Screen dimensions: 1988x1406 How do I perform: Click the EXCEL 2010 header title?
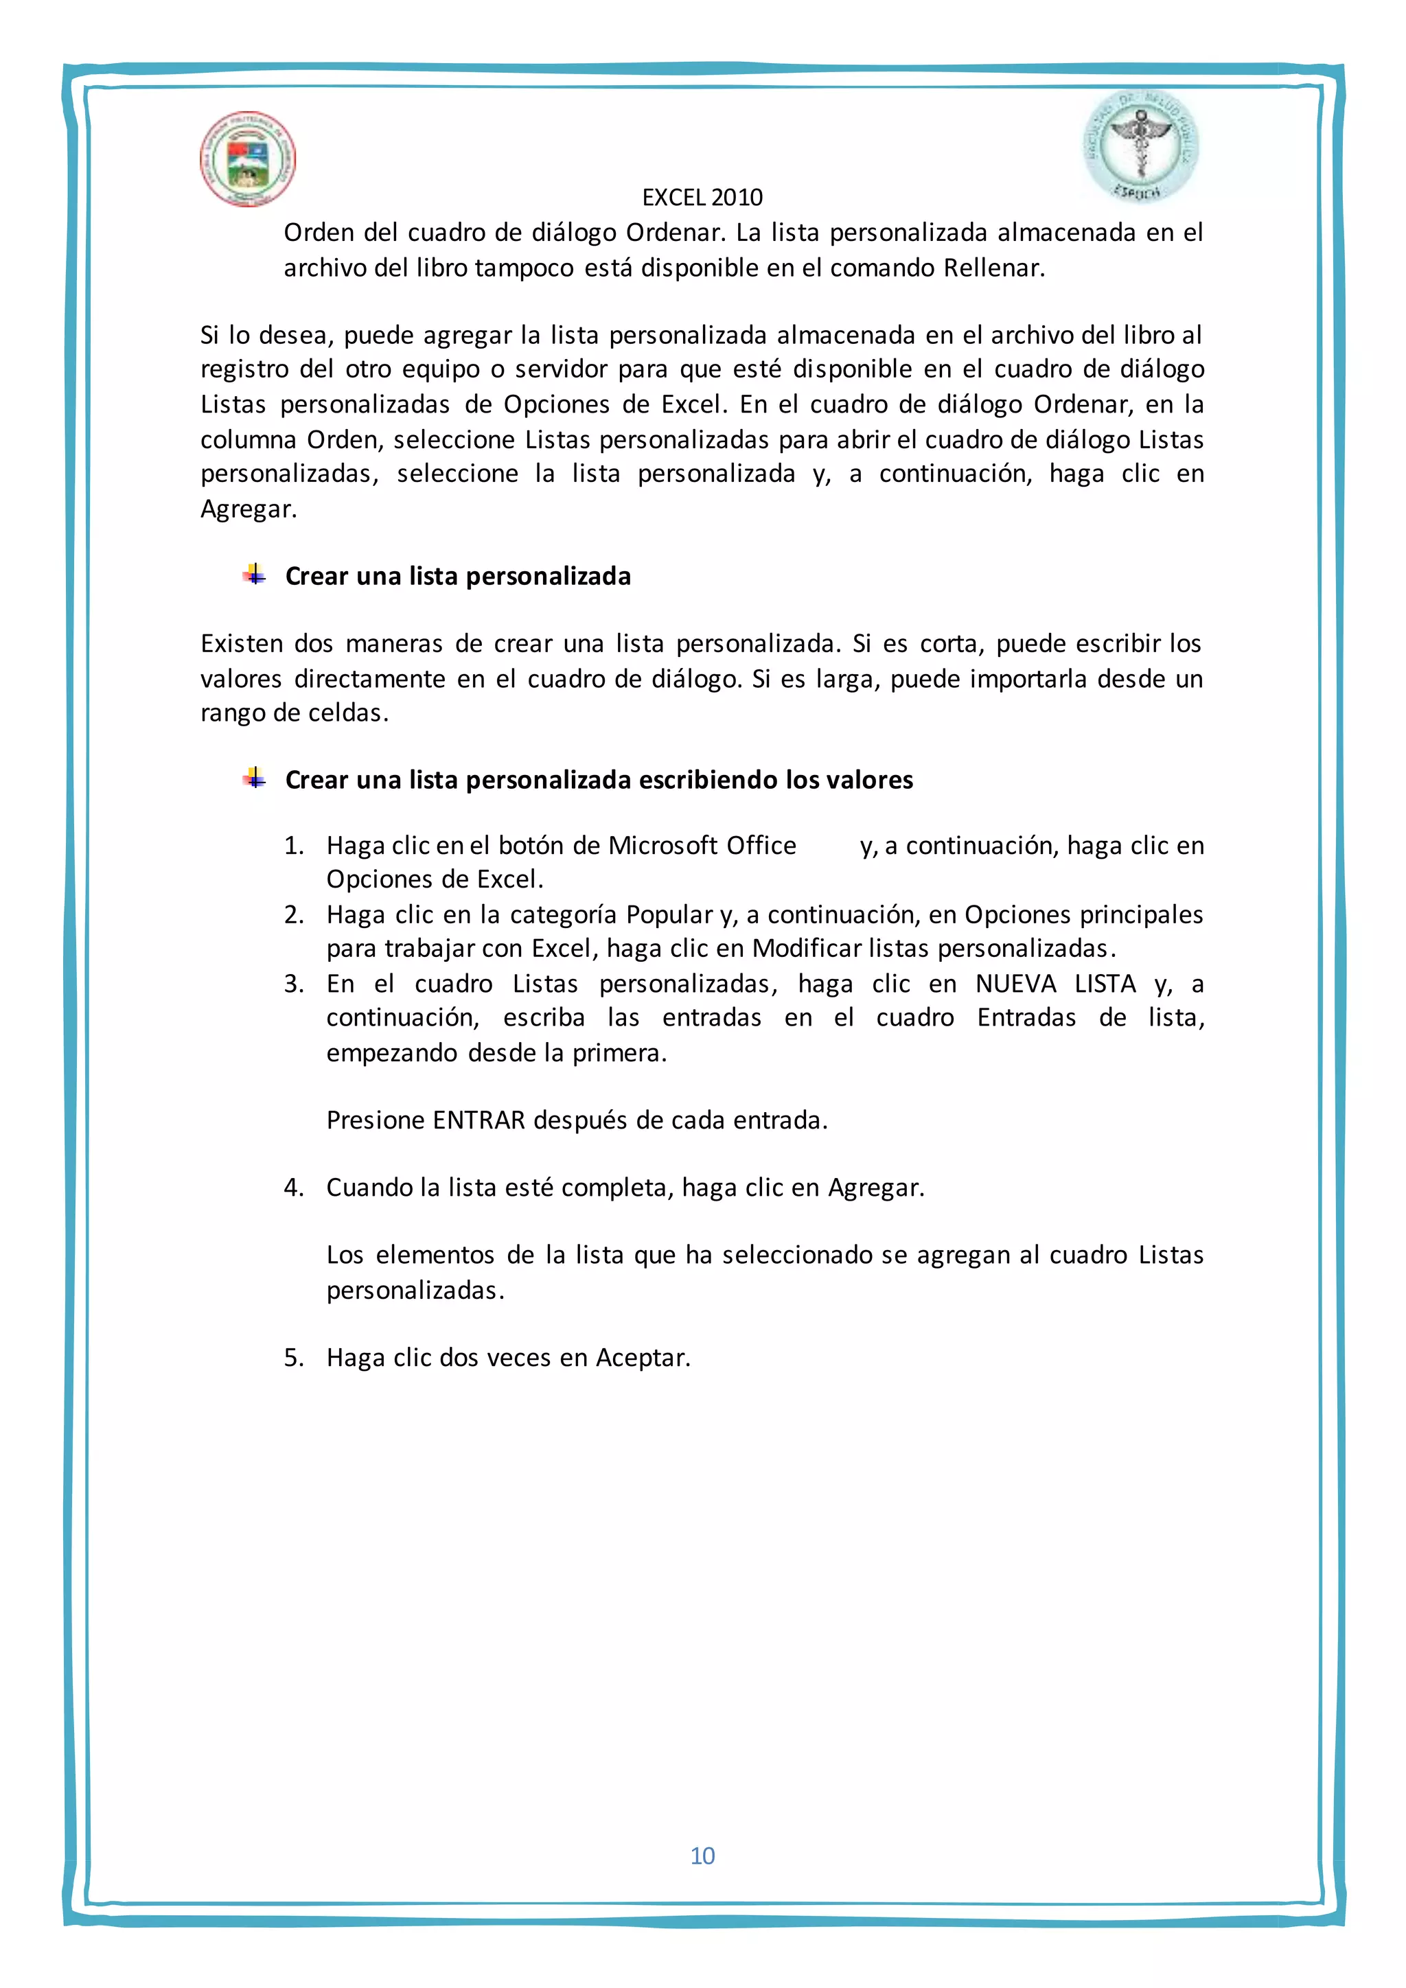[x=702, y=198]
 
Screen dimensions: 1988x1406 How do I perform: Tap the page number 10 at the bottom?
[x=702, y=1856]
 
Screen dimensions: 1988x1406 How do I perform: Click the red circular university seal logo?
[x=248, y=159]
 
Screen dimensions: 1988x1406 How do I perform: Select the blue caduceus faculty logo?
[x=1140, y=147]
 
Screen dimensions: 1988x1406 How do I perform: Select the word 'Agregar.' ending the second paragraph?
[x=249, y=509]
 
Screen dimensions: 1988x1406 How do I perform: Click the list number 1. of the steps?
[x=294, y=846]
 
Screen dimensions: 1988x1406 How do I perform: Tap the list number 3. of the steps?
[x=294, y=984]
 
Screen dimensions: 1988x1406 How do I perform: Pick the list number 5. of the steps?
[x=294, y=1358]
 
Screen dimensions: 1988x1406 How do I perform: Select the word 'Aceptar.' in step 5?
[x=643, y=1358]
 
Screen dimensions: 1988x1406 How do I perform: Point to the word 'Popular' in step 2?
[x=669, y=915]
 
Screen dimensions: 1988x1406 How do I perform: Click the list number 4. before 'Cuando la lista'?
[x=294, y=1188]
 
